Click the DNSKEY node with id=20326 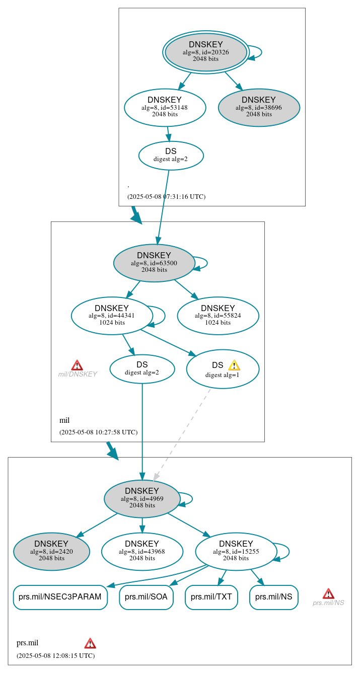(206, 52)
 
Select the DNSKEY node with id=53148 (165, 107)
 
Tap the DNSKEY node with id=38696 (259, 107)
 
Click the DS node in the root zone (171, 155)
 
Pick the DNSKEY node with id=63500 (154, 263)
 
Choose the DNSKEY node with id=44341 (112, 316)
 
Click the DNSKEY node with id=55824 (218, 316)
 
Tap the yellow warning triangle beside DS (234, 365)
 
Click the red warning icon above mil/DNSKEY (77, 365)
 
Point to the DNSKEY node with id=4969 (142, 498)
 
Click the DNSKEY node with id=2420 (51, 551)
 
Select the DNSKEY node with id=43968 (142, 551)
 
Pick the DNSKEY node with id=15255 (236, 551)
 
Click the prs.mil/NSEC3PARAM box (60, 597)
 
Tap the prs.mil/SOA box (146, 597)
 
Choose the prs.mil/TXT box (211, 597)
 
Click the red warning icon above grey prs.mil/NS (328, 593)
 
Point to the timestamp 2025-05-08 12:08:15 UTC (55, 655)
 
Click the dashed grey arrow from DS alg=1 (182, 433)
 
